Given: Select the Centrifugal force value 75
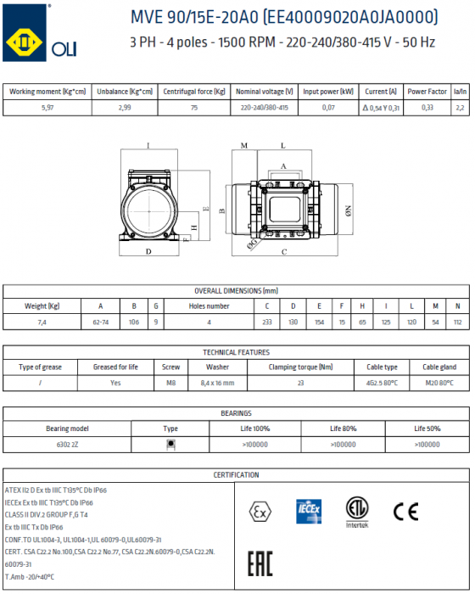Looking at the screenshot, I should pyautogui.click(x=194, y=108).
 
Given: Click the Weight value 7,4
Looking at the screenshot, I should pyautogui.click(x=42, y=322).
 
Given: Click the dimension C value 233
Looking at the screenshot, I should pyautogui.click(x=267, y=322).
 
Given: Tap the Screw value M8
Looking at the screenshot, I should pyautogui.click(x=170, y=383).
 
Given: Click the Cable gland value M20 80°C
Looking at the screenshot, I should pyautogui.click(x=440, y=383).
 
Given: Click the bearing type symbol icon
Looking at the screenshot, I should pyautogui.click(x=170, y=444).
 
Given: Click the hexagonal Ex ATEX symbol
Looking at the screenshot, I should pyautogui.click(x=259, y=511).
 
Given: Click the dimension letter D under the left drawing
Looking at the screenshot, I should pyautogui.click(x=148, y=252).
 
